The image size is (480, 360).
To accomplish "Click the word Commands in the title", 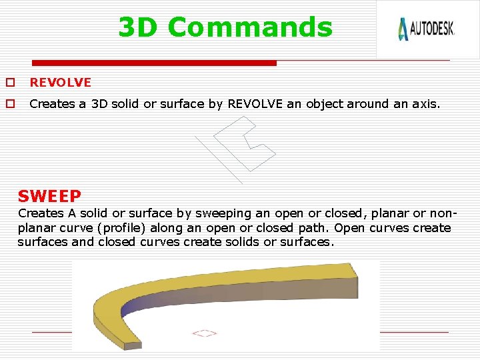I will pyautogui.click(x=250, y=27).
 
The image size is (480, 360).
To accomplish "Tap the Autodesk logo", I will pyautogui.click(x=426, y=29).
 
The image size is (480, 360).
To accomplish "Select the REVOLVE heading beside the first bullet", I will pyautogui.click(x=60, y=83).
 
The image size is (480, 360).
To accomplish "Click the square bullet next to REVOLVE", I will pyautogui.click(x=10, y=83).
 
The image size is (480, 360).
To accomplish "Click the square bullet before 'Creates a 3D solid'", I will pyautogui.click(x=10, y=104).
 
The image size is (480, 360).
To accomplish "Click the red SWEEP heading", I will pyautogui.click(x=49, y=196).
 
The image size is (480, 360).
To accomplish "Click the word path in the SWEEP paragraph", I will pyautogui.click(x=313, y=228).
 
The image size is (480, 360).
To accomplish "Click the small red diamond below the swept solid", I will pyautogui.click(x=205, y=333).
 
